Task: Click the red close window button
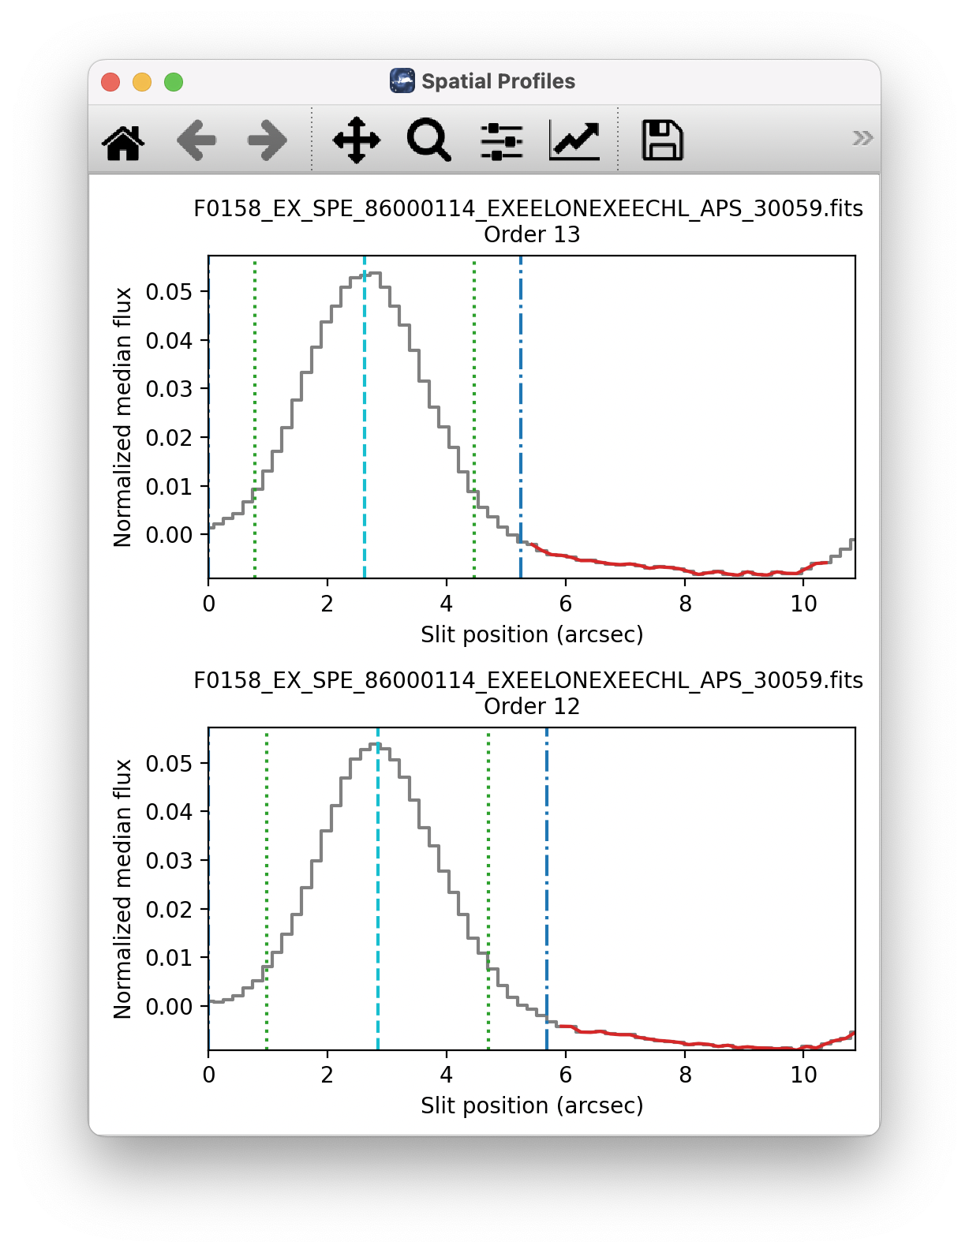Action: point(110,82)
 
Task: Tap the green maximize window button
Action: point(174,82)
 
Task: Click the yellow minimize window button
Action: point(142,82)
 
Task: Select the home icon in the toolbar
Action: point(124,141)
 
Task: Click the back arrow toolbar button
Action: point(196,141)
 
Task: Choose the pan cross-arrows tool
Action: point(357,140)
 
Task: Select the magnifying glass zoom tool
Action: point(428,140)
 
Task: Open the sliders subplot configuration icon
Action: point(502,141)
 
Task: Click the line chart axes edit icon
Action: point(574,141)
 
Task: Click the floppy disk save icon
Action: point(662,140)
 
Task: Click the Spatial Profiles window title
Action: point(498,81)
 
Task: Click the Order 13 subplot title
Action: point(531,234)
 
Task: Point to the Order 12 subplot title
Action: point(531,706)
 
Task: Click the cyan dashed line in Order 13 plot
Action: point(365,426)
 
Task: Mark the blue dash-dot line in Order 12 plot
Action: point(547,884)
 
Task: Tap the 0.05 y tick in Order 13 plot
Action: point(169,292)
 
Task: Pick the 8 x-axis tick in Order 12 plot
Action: point(685,1075)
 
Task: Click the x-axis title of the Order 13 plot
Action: point(531,634)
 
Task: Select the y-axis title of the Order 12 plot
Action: point(122,888)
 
